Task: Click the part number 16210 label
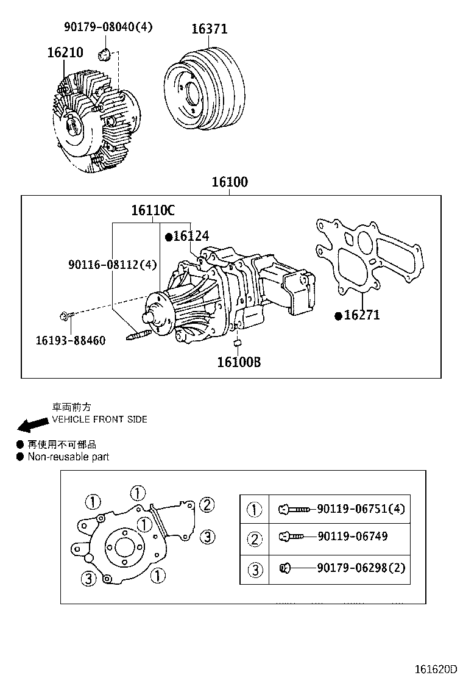pyautogui.click(x=65, y=53)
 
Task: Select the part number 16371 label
pyautogui.click(x=209, y=29)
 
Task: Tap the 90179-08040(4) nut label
pyautogui.click(x=108, y=26)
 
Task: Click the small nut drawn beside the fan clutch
pyautogui.click(x=104, y=55)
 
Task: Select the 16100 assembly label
pyautogui.click(x=230, y=182)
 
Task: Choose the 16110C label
pyautogui.click(x=152, y=211)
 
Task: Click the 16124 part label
pyautogui.click(x=190, y=236)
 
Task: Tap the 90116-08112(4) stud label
pyautogui.click(x=113, y=265)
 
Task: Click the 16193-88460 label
pyautogui.click(x=70, y=340)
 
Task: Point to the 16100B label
pyautogui.click(x=239, y=362)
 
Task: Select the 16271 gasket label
pyautogui.click(x=361, y=315)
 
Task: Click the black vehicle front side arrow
pyautogui.click(x=32, y=424)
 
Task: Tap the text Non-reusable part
pyautogui.click(x=68, y=457)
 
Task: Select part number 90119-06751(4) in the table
pyautogui.click(x=361, y=508)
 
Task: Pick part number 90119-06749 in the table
pyautogui.click(x=352, y=537)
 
